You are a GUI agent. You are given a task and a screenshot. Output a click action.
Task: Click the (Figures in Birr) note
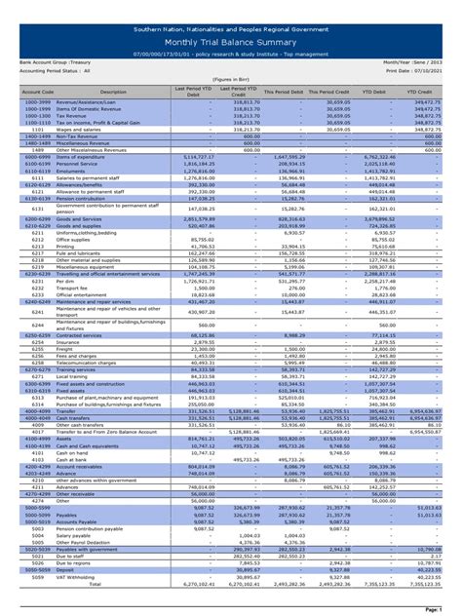point(231,81)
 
